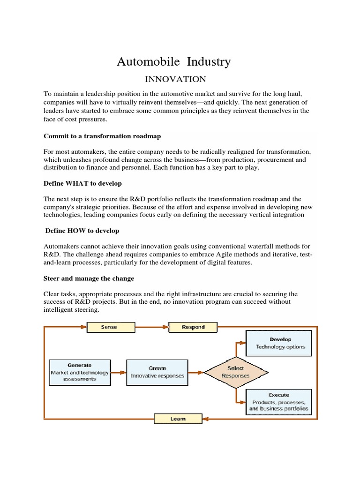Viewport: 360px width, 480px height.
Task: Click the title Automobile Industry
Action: tap(173, 62)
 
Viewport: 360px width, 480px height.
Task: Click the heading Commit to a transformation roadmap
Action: tap(103, 136)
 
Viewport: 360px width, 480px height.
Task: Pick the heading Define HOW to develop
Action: tap(82, 231)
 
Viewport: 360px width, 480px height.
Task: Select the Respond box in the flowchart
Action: tap(193, 327)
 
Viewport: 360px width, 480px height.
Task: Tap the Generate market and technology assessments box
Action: tap(80, 372)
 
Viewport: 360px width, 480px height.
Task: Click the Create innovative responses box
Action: tap(157, 372)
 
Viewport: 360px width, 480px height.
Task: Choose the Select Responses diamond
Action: tap(235, 372)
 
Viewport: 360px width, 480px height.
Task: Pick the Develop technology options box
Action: tap(280, 343)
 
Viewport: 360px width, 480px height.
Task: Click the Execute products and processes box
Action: tap(280, 402)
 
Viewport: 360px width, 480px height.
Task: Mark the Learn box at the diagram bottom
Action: tap(178, 418)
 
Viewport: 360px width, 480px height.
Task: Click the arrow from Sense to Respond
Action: tap(152, 327)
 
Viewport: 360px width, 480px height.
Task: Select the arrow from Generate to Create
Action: tap(119, 373)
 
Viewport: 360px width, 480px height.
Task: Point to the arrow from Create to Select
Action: tap(195, 373)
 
